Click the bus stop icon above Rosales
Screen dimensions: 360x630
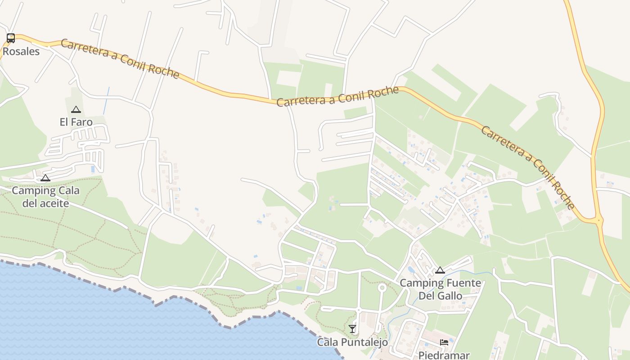pos(10,38)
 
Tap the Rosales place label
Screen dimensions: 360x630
pos(21,51)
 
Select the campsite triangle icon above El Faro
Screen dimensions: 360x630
pos(76,109)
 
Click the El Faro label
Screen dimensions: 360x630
pos(76,122)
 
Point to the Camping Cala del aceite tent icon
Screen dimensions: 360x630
pos(45,178)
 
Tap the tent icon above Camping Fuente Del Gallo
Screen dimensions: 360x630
pos(440,270)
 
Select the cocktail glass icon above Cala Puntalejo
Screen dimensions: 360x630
pos(352,329)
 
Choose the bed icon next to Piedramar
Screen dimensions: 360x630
pos(444,342)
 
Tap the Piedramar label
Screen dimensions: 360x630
pos(444,355)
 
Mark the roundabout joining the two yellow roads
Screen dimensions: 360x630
pos(599,220)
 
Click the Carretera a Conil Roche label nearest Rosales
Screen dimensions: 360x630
pos(120,58)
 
